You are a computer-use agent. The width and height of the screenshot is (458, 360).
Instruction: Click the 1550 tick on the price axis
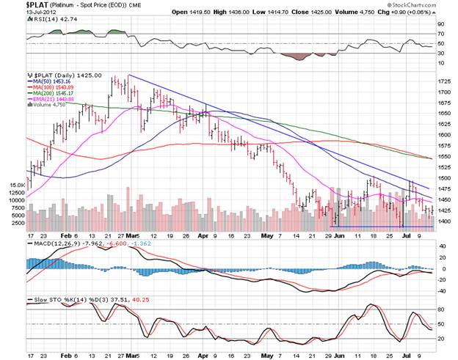445,156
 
